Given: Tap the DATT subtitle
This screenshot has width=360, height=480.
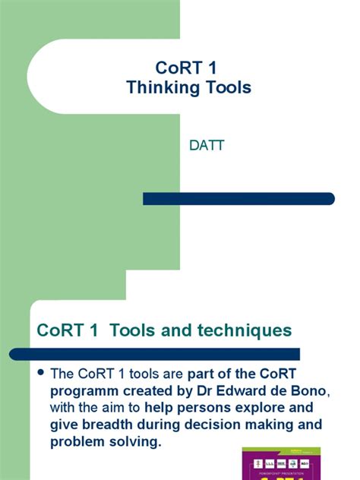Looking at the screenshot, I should pos(207,145).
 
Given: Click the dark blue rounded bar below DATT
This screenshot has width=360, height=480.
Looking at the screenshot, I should pos(238,199).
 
